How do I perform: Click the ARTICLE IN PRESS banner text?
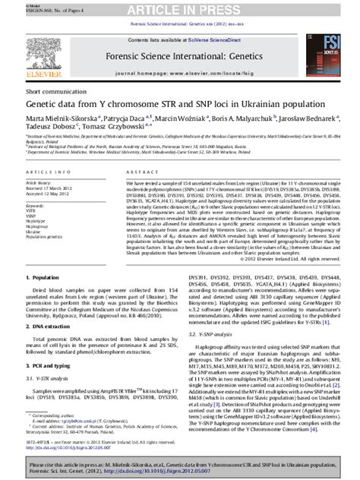pos(180,9)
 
